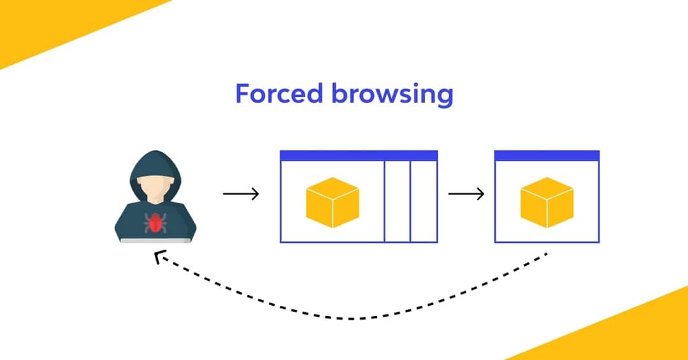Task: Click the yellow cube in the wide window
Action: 333,202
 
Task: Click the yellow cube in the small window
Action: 547,202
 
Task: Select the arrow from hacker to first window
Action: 241,193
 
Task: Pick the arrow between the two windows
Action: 466,193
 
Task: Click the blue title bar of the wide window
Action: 359,155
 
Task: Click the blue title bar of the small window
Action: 547,155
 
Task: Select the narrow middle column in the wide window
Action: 397,201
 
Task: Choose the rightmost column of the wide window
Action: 424,201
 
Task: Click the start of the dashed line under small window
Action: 545,256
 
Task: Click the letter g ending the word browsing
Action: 444,97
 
